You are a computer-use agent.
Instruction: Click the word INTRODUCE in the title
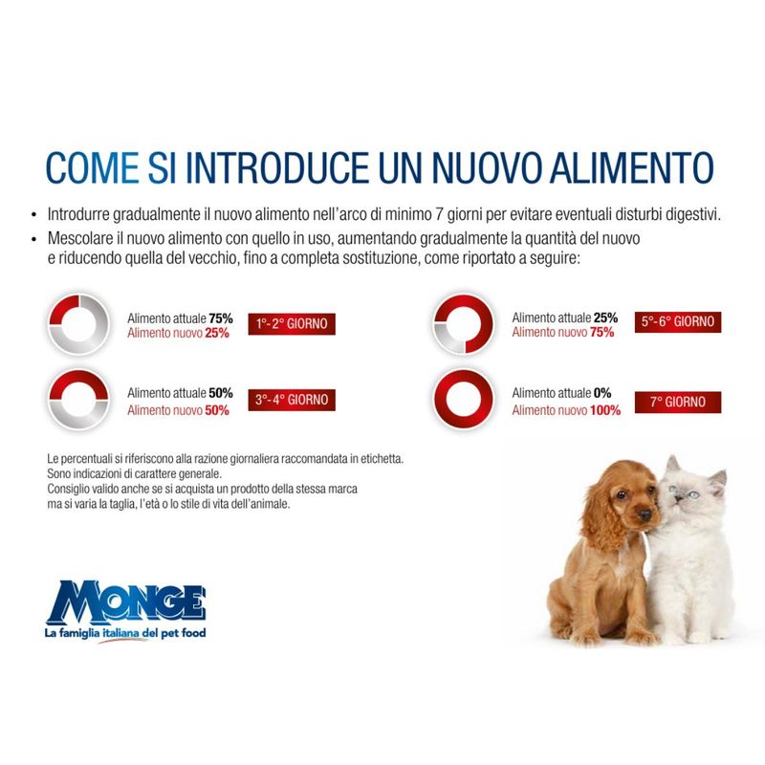coord(277,168)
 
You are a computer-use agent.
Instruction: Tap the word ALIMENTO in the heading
coord(632,168)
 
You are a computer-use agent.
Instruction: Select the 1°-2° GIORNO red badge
coord(292,324)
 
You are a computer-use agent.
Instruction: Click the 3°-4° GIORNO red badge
coord(292,400)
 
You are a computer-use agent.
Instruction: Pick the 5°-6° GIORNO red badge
coord(678,322)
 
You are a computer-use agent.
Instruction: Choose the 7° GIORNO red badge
coord(678,402)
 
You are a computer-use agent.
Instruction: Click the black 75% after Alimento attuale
coord(221,318)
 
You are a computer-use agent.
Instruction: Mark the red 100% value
coord(605,410)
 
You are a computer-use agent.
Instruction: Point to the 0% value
coord(602,393)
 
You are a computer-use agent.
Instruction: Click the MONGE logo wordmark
coord(126,602)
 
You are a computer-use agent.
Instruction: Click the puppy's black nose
coord(645,514)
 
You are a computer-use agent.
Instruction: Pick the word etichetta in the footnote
coord(382,459)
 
